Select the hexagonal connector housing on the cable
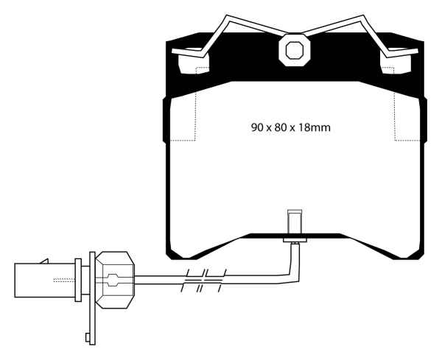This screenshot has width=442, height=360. (114, 280)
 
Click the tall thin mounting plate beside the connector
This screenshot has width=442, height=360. (91, 294)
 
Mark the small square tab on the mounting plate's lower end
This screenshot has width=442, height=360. (87, 338)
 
